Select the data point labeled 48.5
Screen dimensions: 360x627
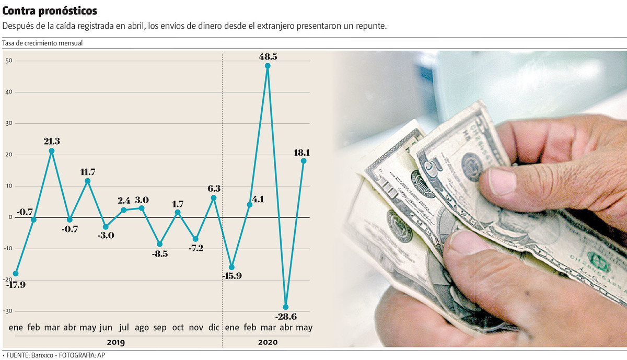tap(268, 66)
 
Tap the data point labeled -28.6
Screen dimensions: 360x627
tap(285, 307)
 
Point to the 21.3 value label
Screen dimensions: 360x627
tap(52, 141)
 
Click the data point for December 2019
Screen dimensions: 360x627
tap(213, 198)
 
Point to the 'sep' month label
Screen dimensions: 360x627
tap(160, 328)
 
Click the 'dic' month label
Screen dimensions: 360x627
tap(213, 328)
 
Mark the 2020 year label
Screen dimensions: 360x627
tap(268, 342)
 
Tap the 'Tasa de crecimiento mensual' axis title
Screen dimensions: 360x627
tap(43, 43)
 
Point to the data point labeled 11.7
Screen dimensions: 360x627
tap(88, 181)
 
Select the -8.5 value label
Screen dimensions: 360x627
tap(159, 255)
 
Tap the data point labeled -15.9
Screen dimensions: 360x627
tap(231, 268)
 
